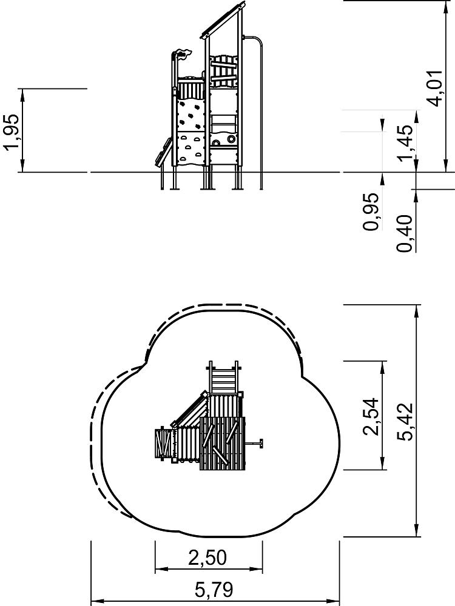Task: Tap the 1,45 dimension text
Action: [406, 142]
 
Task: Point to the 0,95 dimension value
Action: [371, 211]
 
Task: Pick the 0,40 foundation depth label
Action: [405, 233]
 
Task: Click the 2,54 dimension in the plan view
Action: [371, 416]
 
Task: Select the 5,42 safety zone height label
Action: [405, 422]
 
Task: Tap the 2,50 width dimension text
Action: [207, 558]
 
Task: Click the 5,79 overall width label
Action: [214, 590]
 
